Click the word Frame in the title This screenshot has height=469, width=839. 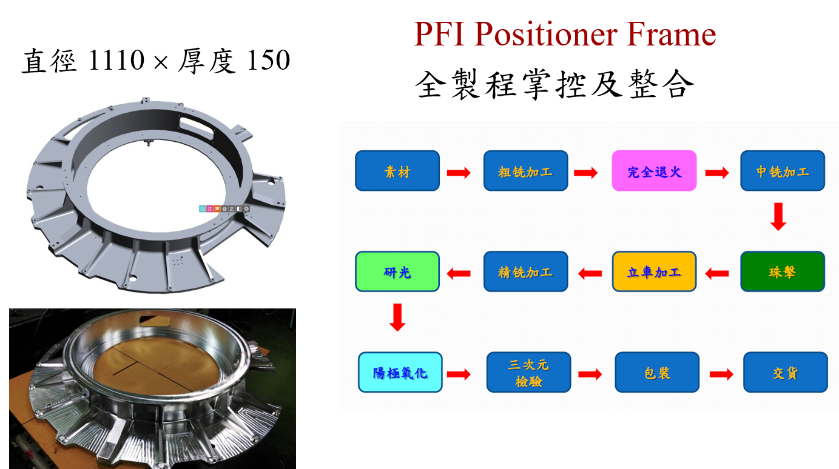click(674, 35)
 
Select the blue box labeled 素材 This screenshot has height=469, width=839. click(397, 171)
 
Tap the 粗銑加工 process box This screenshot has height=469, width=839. click(525, 171)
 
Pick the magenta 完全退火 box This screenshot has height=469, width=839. click(654, 171)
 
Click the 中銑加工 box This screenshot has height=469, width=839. click(783, 171)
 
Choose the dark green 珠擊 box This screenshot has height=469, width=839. click(783, 271)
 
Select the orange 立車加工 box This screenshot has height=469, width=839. click(654, 271)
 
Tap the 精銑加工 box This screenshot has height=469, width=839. click(525, 271)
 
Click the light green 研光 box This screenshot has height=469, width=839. click(397, 271)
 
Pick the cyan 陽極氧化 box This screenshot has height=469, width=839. click(400, 372)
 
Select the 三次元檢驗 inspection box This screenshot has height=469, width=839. click(528, 372)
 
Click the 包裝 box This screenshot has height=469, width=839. click(657, 372)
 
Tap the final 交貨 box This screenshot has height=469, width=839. click(785, 372)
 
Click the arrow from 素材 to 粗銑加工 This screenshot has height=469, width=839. click(459, 173)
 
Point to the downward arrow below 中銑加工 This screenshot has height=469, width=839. click(778, 217)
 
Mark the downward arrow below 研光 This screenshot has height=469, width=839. click(397, 318)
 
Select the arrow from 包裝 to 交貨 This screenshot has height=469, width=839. click(721, 374)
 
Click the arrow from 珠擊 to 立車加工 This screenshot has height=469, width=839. click(717, 274)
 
